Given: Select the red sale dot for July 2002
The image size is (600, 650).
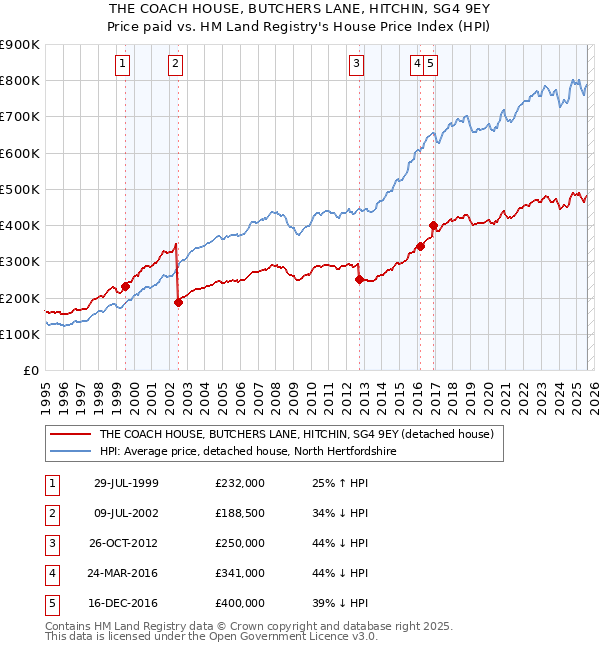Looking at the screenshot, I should pyautogui.click(x=178, y=302).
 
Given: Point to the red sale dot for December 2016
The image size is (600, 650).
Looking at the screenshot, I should pyautogui.click(x=433, y=226).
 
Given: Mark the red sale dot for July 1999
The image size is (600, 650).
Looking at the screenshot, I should pyautogui.click(x=126, y=286).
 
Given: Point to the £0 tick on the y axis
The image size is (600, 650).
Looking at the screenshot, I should pyautogui.click(x=31, y=370).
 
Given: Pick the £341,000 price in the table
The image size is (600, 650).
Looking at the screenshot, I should pyautogui.click(x=240, y=573).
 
